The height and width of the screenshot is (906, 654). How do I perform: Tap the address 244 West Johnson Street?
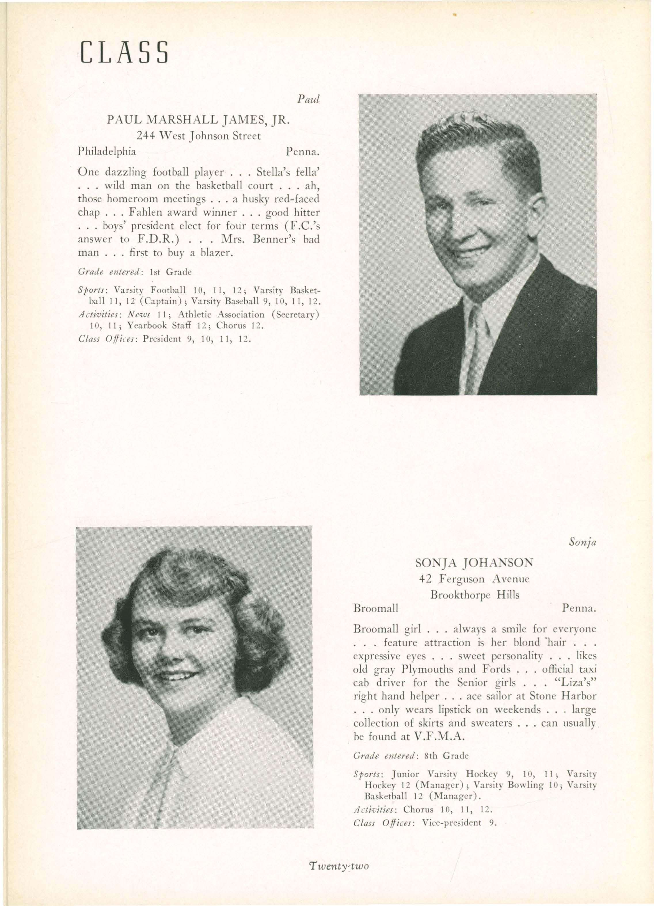199,136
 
